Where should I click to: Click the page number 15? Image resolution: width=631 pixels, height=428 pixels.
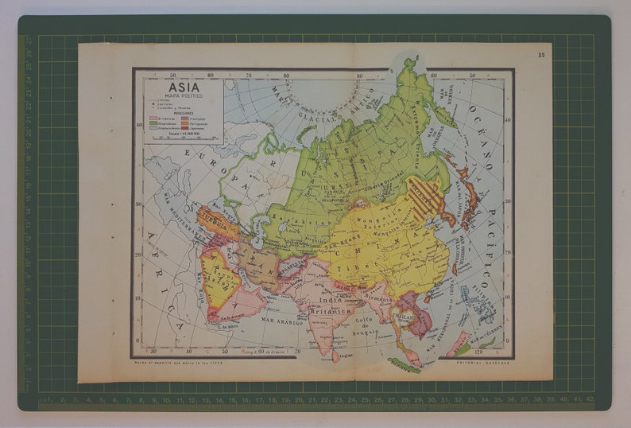tap(541, 55)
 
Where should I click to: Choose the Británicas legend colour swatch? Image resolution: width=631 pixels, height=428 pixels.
tap(154, 117)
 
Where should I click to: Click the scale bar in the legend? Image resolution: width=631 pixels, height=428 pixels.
tap(179, 140)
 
